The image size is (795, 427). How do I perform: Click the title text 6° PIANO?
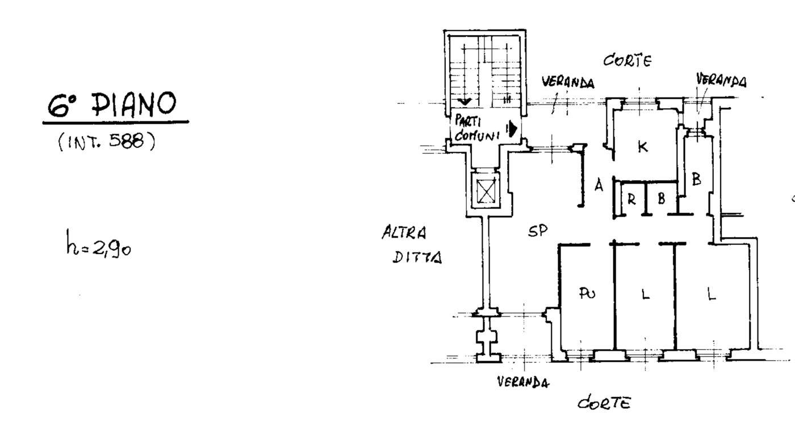pos(112,105)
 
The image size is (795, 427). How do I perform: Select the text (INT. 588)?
pos(107,141)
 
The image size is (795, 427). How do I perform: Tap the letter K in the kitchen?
pos(643,146)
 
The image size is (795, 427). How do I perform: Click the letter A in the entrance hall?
pos(599,185)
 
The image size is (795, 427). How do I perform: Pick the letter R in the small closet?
pos(631,200)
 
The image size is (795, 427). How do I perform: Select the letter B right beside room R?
pos(661,198)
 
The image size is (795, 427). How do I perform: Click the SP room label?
pos(538,231)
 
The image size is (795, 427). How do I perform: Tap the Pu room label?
pos(587,293)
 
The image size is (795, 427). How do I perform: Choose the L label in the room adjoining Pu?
pos(646,294)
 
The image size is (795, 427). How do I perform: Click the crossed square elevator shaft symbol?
pos(486,191)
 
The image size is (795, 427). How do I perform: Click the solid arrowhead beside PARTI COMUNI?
pos(512,129)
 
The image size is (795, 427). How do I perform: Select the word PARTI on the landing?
pos(468,121)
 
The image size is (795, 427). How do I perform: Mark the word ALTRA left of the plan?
pos(404,232)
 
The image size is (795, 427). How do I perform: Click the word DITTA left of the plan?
pos(417,257)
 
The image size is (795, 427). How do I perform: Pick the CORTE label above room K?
pos(627,61)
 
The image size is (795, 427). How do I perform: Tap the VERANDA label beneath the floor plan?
pos(523,382)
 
